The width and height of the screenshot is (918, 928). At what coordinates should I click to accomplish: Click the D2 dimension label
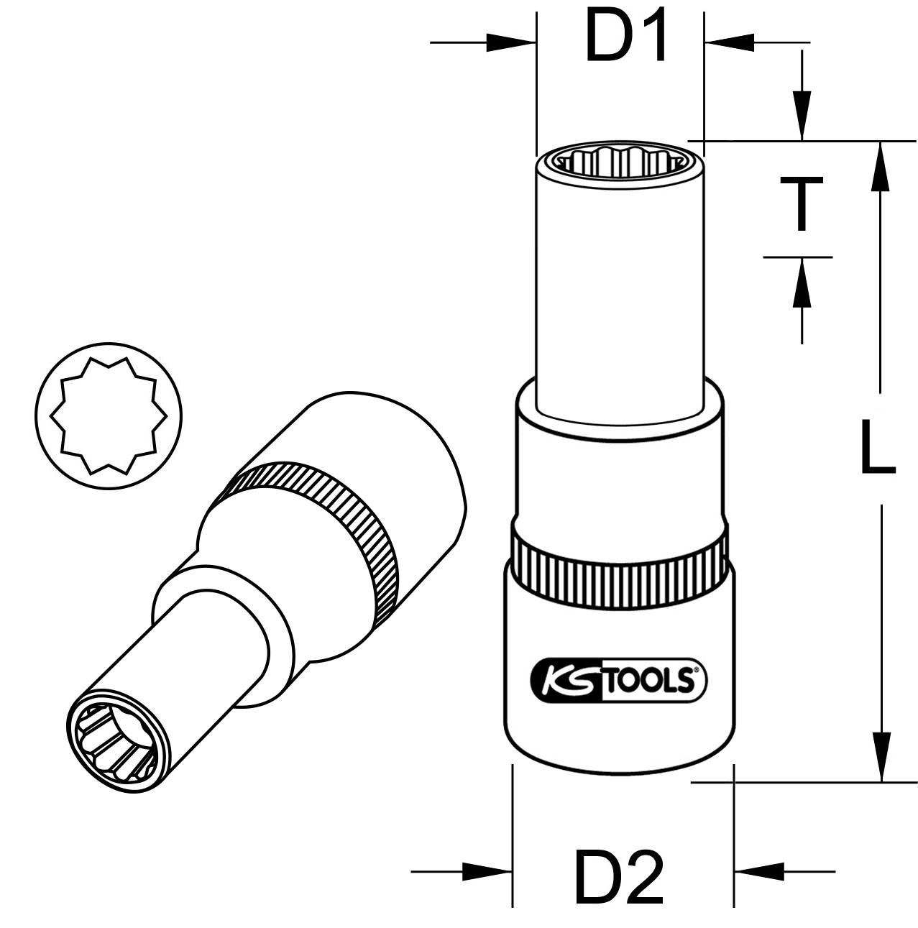pyautogui.click(x=619, y=876)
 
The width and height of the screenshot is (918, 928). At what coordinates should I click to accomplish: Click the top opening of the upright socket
pyautogui.click(x=620, y=162)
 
